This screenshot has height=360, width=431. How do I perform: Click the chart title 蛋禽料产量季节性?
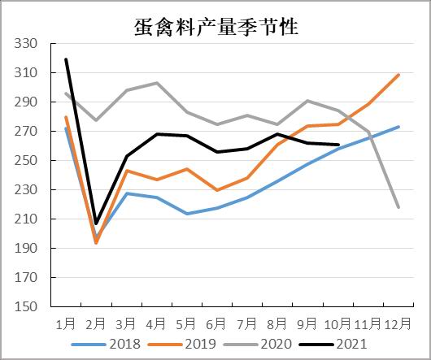tap(215, 27)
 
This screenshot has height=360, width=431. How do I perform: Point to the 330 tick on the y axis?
tap(26, 44)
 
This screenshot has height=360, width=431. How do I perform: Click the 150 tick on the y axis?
tap(26, 307)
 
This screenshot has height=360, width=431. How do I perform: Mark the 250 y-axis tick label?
tap(26, 161)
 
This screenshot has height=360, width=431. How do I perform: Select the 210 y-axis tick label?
tap(26, 219)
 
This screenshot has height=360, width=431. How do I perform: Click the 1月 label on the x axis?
tap(66, 323)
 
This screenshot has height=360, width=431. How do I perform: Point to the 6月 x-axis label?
tap(216, 323)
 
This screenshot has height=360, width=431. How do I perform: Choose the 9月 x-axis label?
tap(307, 323)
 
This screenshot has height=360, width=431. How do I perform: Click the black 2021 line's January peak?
tap(66, 59)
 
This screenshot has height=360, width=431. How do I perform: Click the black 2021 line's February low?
tap(96, 223)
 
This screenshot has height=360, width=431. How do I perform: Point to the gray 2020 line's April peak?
tap(156, 83)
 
